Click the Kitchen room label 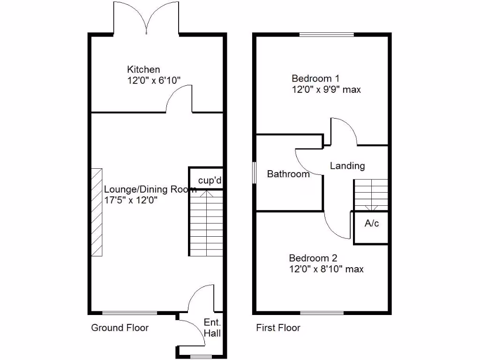tap(143, 70)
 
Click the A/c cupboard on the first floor tap(371, 224)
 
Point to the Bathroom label tap(288, 174)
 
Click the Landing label tap(347, 165)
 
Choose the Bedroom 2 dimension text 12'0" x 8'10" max tap(326, 269)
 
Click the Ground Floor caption tap(120, 328)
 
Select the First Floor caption tap(278, 328)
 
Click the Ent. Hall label tap(212, 328)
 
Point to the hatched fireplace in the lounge tap(97, 212)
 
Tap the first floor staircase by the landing tap(371, 195)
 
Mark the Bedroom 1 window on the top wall tap(327, 34)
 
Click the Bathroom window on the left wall tap(255, 172)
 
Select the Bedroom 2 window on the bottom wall tap(322, 312)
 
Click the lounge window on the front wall tap(123, 312)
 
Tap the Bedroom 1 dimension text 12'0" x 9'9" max tap(326, 89)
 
